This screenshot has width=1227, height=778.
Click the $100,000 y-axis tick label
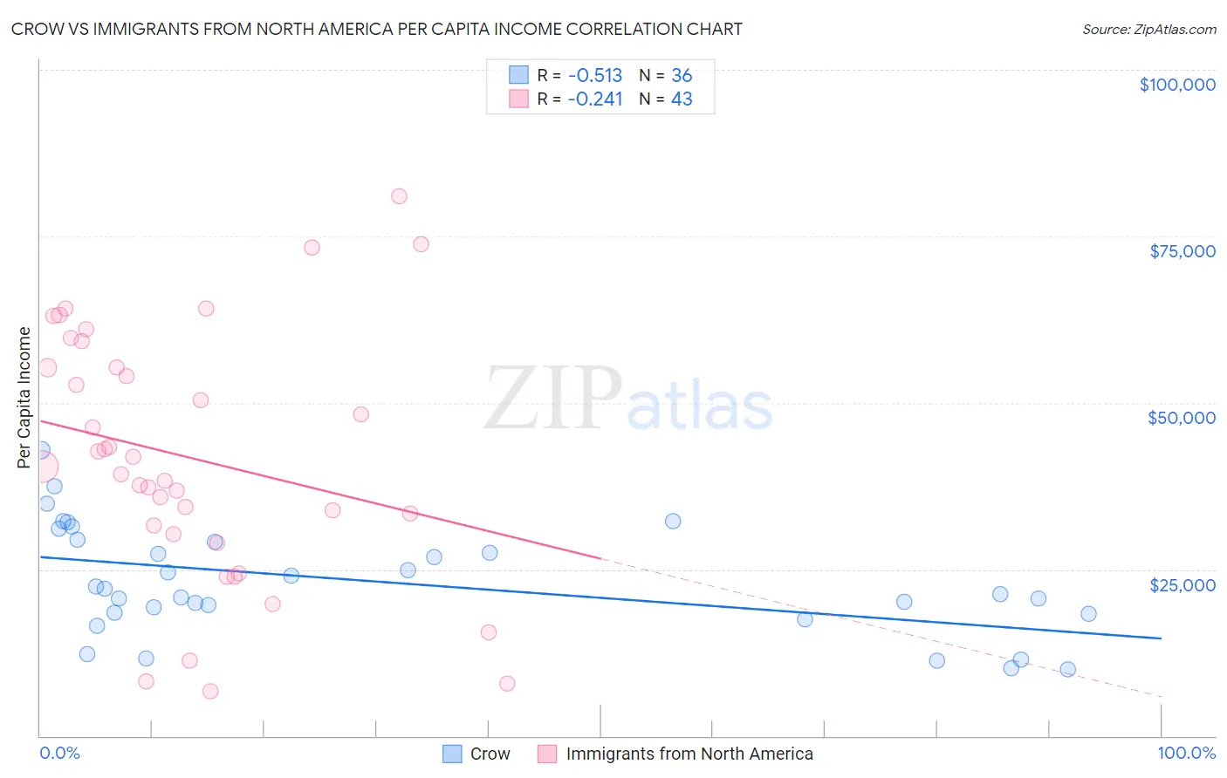[1177, 85]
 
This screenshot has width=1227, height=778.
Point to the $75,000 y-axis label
[1182, 251]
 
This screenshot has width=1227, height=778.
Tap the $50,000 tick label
[1182, 418]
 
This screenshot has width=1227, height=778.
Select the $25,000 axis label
[1182, 585]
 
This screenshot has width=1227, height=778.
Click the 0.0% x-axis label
[59, 754]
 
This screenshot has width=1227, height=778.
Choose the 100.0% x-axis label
[1186, 754]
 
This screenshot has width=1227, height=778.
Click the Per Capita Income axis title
[24, 398]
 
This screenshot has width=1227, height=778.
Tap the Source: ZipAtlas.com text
[1148, 30]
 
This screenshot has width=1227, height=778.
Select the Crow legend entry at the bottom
[490, 754]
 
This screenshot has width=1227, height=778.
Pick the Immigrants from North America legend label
[689, 754]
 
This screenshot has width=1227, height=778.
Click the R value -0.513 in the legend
[594, 76]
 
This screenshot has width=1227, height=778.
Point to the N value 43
[682, 99]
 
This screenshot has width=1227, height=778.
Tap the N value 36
[682, 76]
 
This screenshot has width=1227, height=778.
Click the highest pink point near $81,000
[399, 196]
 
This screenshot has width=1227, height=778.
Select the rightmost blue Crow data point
[1088, 614]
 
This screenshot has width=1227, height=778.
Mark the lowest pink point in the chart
[210, 692]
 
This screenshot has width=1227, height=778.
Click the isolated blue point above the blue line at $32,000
[673, 522]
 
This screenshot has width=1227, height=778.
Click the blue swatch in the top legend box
[518, 75]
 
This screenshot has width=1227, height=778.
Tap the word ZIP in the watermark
[552, 399]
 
